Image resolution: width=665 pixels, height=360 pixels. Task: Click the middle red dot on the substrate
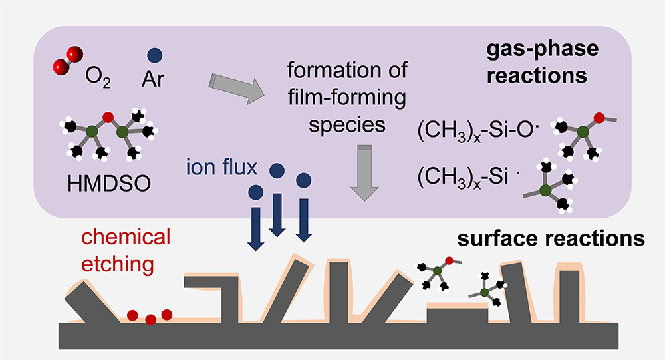(151, 320)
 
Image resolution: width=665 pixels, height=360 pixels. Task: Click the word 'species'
(346, 125)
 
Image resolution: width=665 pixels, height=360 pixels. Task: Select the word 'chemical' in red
(126, 237)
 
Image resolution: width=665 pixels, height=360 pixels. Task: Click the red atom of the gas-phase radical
(599, 118)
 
